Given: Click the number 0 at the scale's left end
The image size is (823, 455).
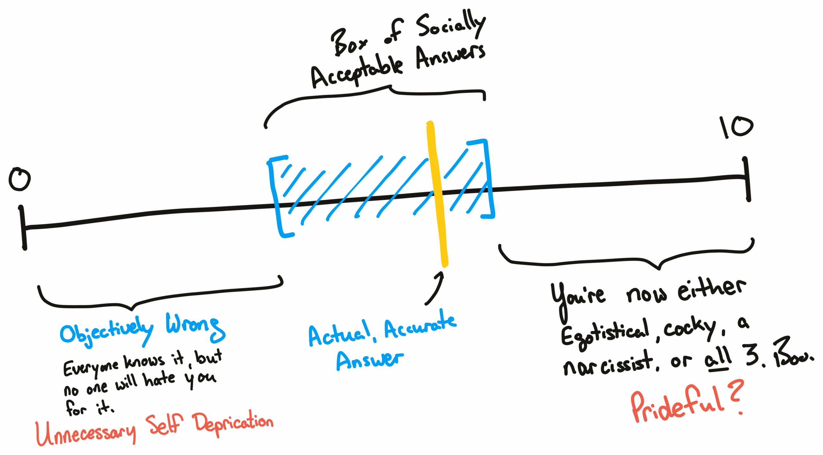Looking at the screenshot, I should coord(20,179).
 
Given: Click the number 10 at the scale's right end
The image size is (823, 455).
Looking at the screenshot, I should coord(736,127).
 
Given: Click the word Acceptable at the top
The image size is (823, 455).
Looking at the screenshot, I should coord(357,72).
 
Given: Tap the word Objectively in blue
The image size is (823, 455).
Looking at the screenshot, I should coord(106,331).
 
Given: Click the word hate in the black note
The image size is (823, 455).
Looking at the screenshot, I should coord(159,379).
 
